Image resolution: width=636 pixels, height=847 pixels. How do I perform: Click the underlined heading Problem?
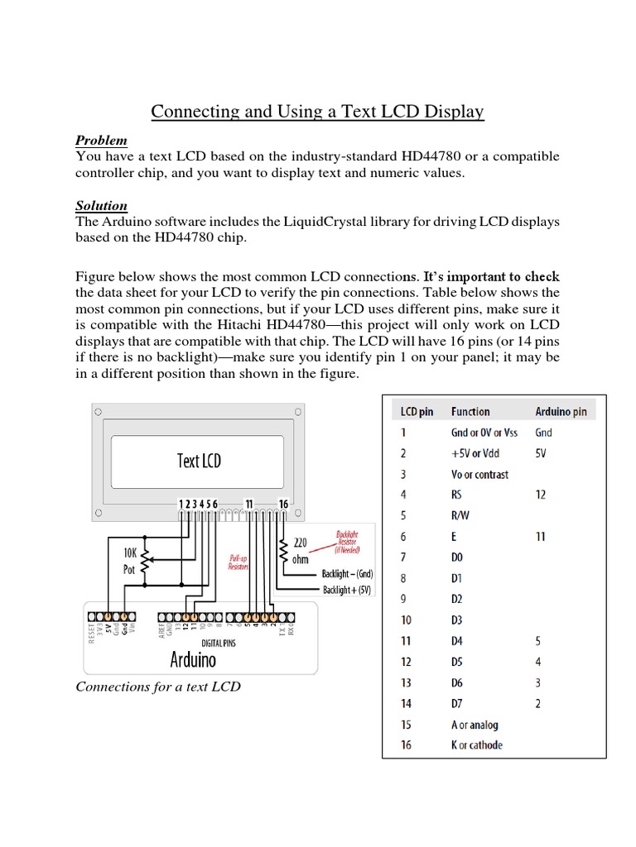(101, 141)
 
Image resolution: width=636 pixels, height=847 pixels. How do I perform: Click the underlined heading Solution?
(101, 205)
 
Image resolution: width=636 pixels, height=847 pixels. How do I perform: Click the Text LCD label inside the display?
(200, 460)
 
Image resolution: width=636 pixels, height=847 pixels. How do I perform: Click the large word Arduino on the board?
(193, 659)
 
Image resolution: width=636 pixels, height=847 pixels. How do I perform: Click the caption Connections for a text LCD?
(158, 687)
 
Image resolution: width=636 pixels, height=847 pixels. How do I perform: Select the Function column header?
(470, 411)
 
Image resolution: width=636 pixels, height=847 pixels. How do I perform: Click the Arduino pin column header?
(561, 411)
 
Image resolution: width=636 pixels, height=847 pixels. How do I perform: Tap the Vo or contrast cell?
(479, 475)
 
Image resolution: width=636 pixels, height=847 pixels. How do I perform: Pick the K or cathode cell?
(476, 745)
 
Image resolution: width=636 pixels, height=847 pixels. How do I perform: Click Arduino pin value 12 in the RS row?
(540, 495)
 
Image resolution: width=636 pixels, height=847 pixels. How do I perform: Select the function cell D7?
(457, 704)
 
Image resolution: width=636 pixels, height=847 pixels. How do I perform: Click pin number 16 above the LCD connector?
(284, 504)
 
